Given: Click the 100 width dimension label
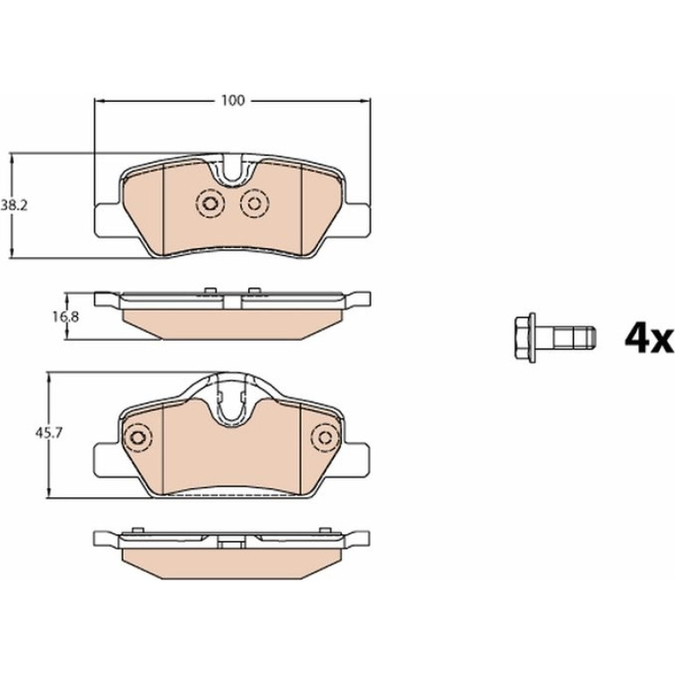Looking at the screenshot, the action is tap(233, 100).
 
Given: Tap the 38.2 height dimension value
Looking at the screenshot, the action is tap(14, 206).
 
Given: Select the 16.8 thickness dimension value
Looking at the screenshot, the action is tap(66, 317).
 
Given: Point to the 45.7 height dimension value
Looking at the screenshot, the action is tap(48, 433).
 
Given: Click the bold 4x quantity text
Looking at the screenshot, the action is tap(649, 338).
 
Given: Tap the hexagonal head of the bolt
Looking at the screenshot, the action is tap(525, 337).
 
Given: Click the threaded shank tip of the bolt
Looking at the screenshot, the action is tap(590, 337).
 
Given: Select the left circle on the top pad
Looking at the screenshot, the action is tap(210, 203).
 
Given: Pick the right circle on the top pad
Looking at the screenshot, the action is tap(254, 203).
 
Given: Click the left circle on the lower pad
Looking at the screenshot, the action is tap(138, 437).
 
